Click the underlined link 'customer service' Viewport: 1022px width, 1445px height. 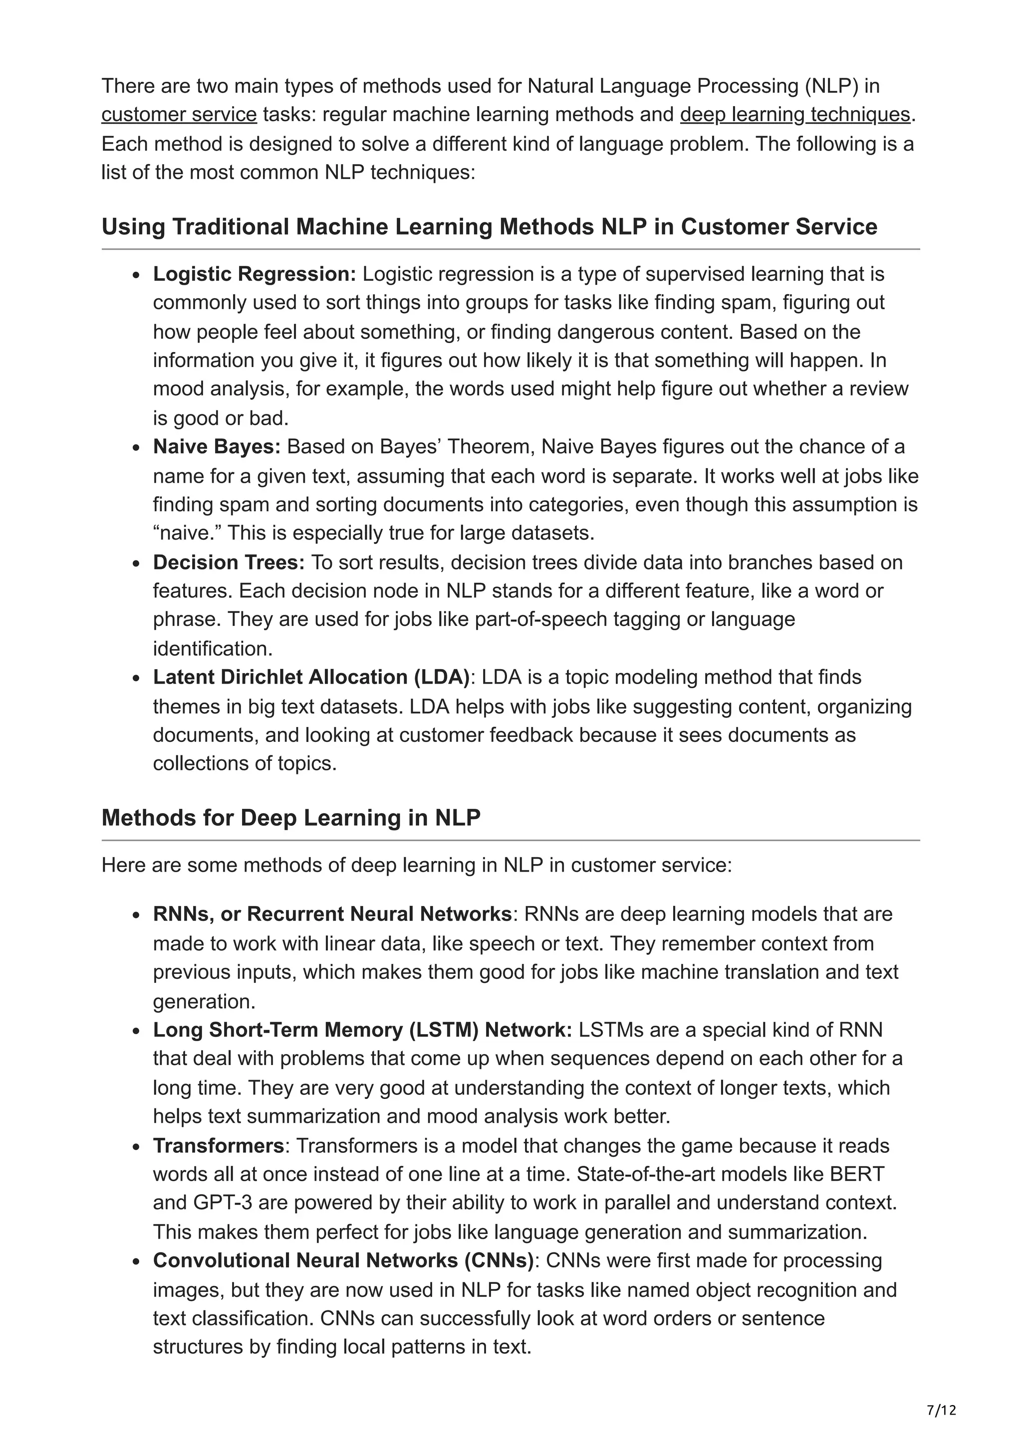(x=179, y=115)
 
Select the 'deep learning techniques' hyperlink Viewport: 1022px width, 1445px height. (x=794, y=115)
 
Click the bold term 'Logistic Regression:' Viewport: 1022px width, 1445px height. (x=255, y=274)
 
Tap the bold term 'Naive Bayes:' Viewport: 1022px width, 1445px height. (x=217, y=447)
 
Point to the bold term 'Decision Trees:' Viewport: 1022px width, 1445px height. (x=229, y=562)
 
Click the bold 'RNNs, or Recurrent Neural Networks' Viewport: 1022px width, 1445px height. (x=332, y=914)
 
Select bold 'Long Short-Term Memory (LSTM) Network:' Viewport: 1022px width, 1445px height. (x=362, y=1030)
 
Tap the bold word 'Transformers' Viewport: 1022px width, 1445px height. (x=219, y=1145)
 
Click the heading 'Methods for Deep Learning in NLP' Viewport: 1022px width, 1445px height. (x=291, y=818)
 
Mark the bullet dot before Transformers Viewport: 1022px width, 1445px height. (x=137, y=1147)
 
